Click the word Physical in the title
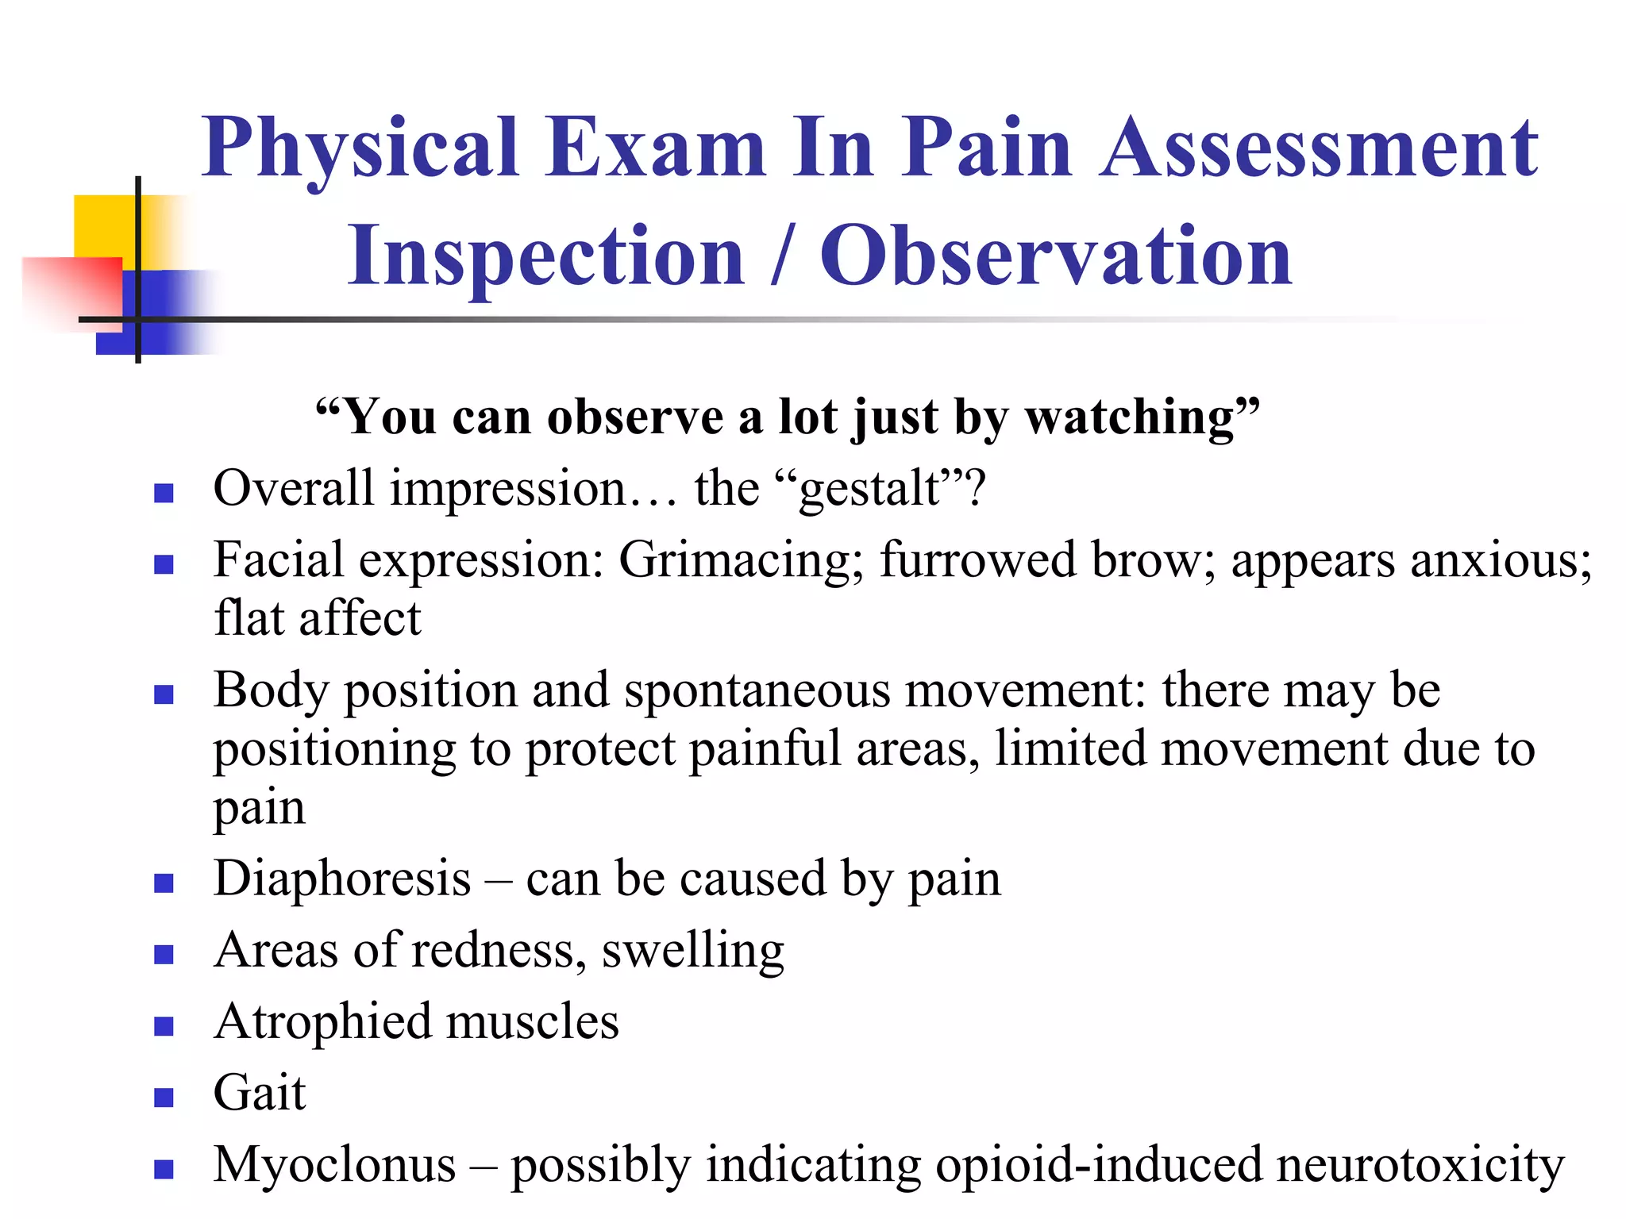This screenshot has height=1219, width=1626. (360, 148)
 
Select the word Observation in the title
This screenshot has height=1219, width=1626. (1055, 256)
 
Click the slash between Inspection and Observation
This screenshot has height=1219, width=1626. (782, 256)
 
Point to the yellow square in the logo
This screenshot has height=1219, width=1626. (103, 225)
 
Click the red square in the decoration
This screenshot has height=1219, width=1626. (71, 290)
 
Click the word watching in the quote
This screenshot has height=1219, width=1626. (1131, 417)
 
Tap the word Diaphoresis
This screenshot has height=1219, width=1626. (342, 879)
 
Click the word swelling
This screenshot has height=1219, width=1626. (692, 950)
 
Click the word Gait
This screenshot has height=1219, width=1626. (260, 1093)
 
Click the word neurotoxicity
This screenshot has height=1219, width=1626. (1420, 1165)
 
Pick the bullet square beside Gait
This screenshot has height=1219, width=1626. (164, 1097)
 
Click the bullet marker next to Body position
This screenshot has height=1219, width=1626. (164, 694)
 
